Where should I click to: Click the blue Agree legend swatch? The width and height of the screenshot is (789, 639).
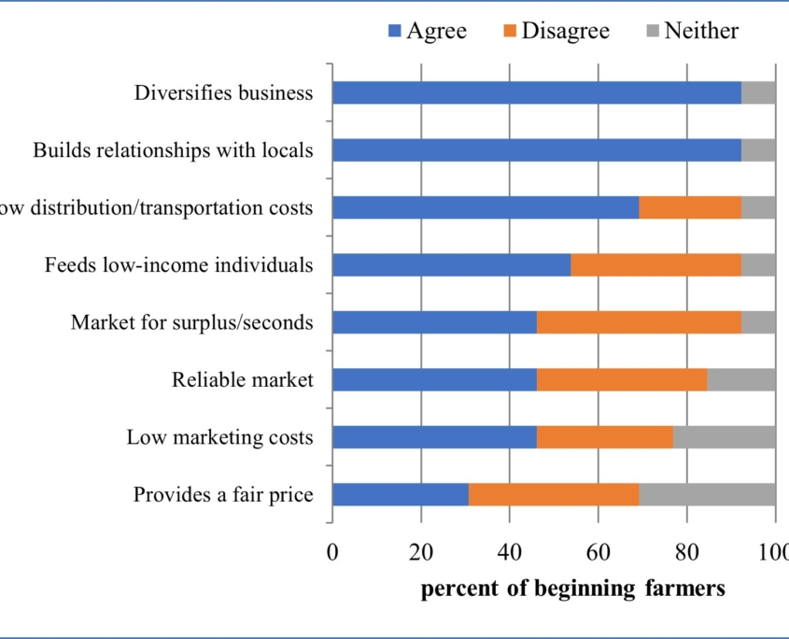point(395,32)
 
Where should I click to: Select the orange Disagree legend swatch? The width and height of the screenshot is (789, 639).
point(510,32)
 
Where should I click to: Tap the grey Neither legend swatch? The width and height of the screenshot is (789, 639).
point(653,32)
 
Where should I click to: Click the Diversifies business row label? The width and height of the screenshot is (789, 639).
point(223,92)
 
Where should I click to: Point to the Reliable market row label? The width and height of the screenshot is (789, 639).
point(242,379)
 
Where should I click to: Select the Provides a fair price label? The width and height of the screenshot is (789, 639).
point(223,494)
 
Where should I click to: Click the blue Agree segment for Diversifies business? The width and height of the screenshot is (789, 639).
point(536,92)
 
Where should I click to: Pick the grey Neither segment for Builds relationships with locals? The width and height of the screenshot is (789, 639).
point(758,150)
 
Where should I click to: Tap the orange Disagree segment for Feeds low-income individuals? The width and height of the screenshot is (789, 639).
point(655,265)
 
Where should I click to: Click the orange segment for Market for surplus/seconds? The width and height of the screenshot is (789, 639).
point(639,322)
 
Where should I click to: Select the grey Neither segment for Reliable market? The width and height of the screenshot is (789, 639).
point(741,379)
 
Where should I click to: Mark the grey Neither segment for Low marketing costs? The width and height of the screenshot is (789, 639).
point(724,437)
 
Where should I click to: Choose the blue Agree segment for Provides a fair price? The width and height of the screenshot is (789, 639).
point(401,494)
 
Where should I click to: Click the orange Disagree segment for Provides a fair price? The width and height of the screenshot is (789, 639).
point(554,494)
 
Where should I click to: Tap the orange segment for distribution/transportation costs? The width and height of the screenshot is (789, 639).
point(690,207)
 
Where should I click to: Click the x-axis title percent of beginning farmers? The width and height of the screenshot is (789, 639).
point(572,589)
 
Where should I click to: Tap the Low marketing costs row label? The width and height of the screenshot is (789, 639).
point(219,437)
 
